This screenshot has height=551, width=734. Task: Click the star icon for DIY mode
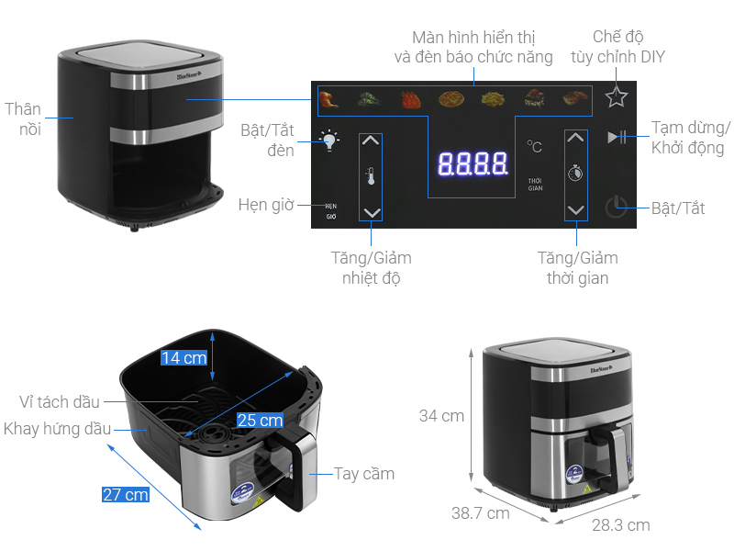(616, 96)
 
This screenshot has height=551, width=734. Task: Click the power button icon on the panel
(617, 208)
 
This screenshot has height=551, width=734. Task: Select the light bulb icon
(329, 141)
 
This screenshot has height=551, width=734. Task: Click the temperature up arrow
(370, 141)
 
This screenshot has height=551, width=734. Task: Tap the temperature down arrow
(370, 212)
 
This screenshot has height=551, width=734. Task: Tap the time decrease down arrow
(575, 210)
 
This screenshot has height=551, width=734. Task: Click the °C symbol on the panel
(534, 146)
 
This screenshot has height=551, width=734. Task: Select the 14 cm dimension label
(183, 358)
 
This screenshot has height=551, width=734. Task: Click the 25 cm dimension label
(260, 421)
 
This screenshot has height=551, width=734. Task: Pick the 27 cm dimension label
(125, 495)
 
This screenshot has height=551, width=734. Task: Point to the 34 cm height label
(441, 416)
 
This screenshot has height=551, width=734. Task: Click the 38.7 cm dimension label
(479, 514)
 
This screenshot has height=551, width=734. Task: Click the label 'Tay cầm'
(364, 474)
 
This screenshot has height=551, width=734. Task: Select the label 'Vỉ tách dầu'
(60, 401)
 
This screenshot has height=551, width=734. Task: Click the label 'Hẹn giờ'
(265, 204)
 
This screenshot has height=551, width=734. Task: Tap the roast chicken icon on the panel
(328, 96)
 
